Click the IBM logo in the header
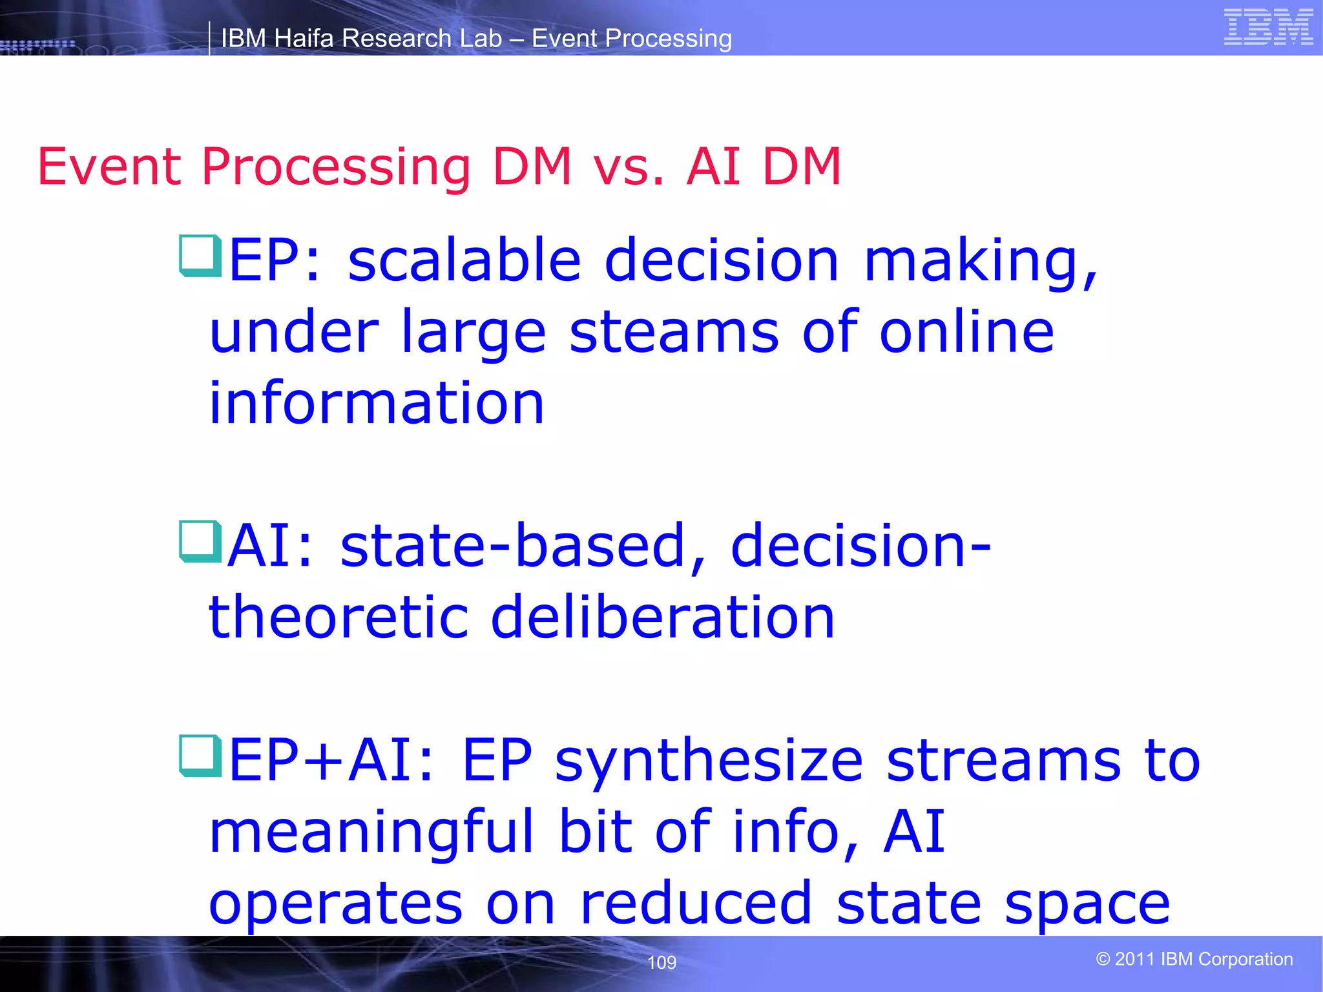(x=1268, y=27)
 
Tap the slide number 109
(x=661, y=962)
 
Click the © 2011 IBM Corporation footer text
(x=1194, y=959)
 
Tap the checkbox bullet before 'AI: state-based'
(x=200, y=541)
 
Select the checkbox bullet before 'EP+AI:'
(x=200, y=756)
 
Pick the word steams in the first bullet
(x=674, y=332)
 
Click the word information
(x=377, y=404)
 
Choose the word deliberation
(x=662, y=617)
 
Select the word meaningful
(x=371, y=833)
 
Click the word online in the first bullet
(x=966, y=332)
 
